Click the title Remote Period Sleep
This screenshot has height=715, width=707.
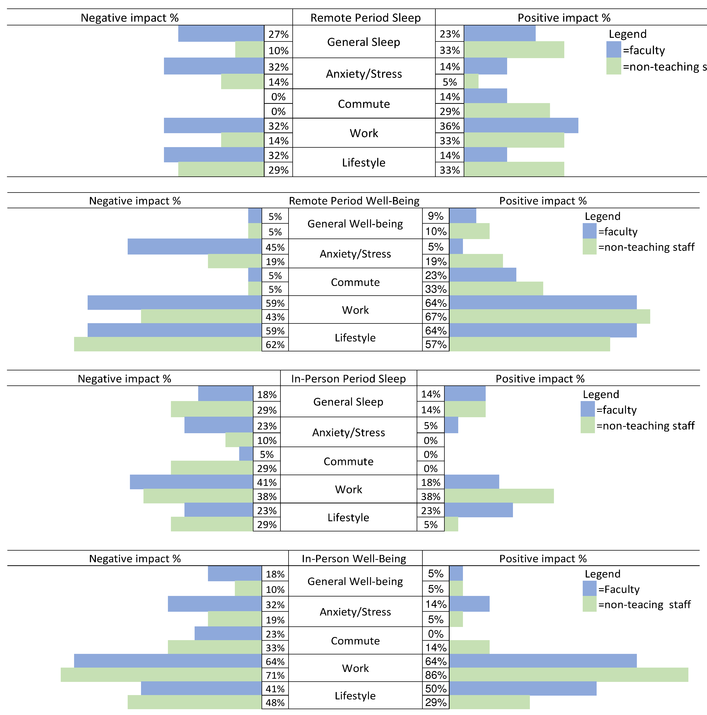[365, 18]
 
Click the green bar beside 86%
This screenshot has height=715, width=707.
[569, 675]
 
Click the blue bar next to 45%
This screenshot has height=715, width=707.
[195, 246]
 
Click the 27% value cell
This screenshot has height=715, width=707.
[278, 34]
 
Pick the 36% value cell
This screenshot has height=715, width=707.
[450, 126]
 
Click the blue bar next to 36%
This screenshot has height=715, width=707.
[521, 125]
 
